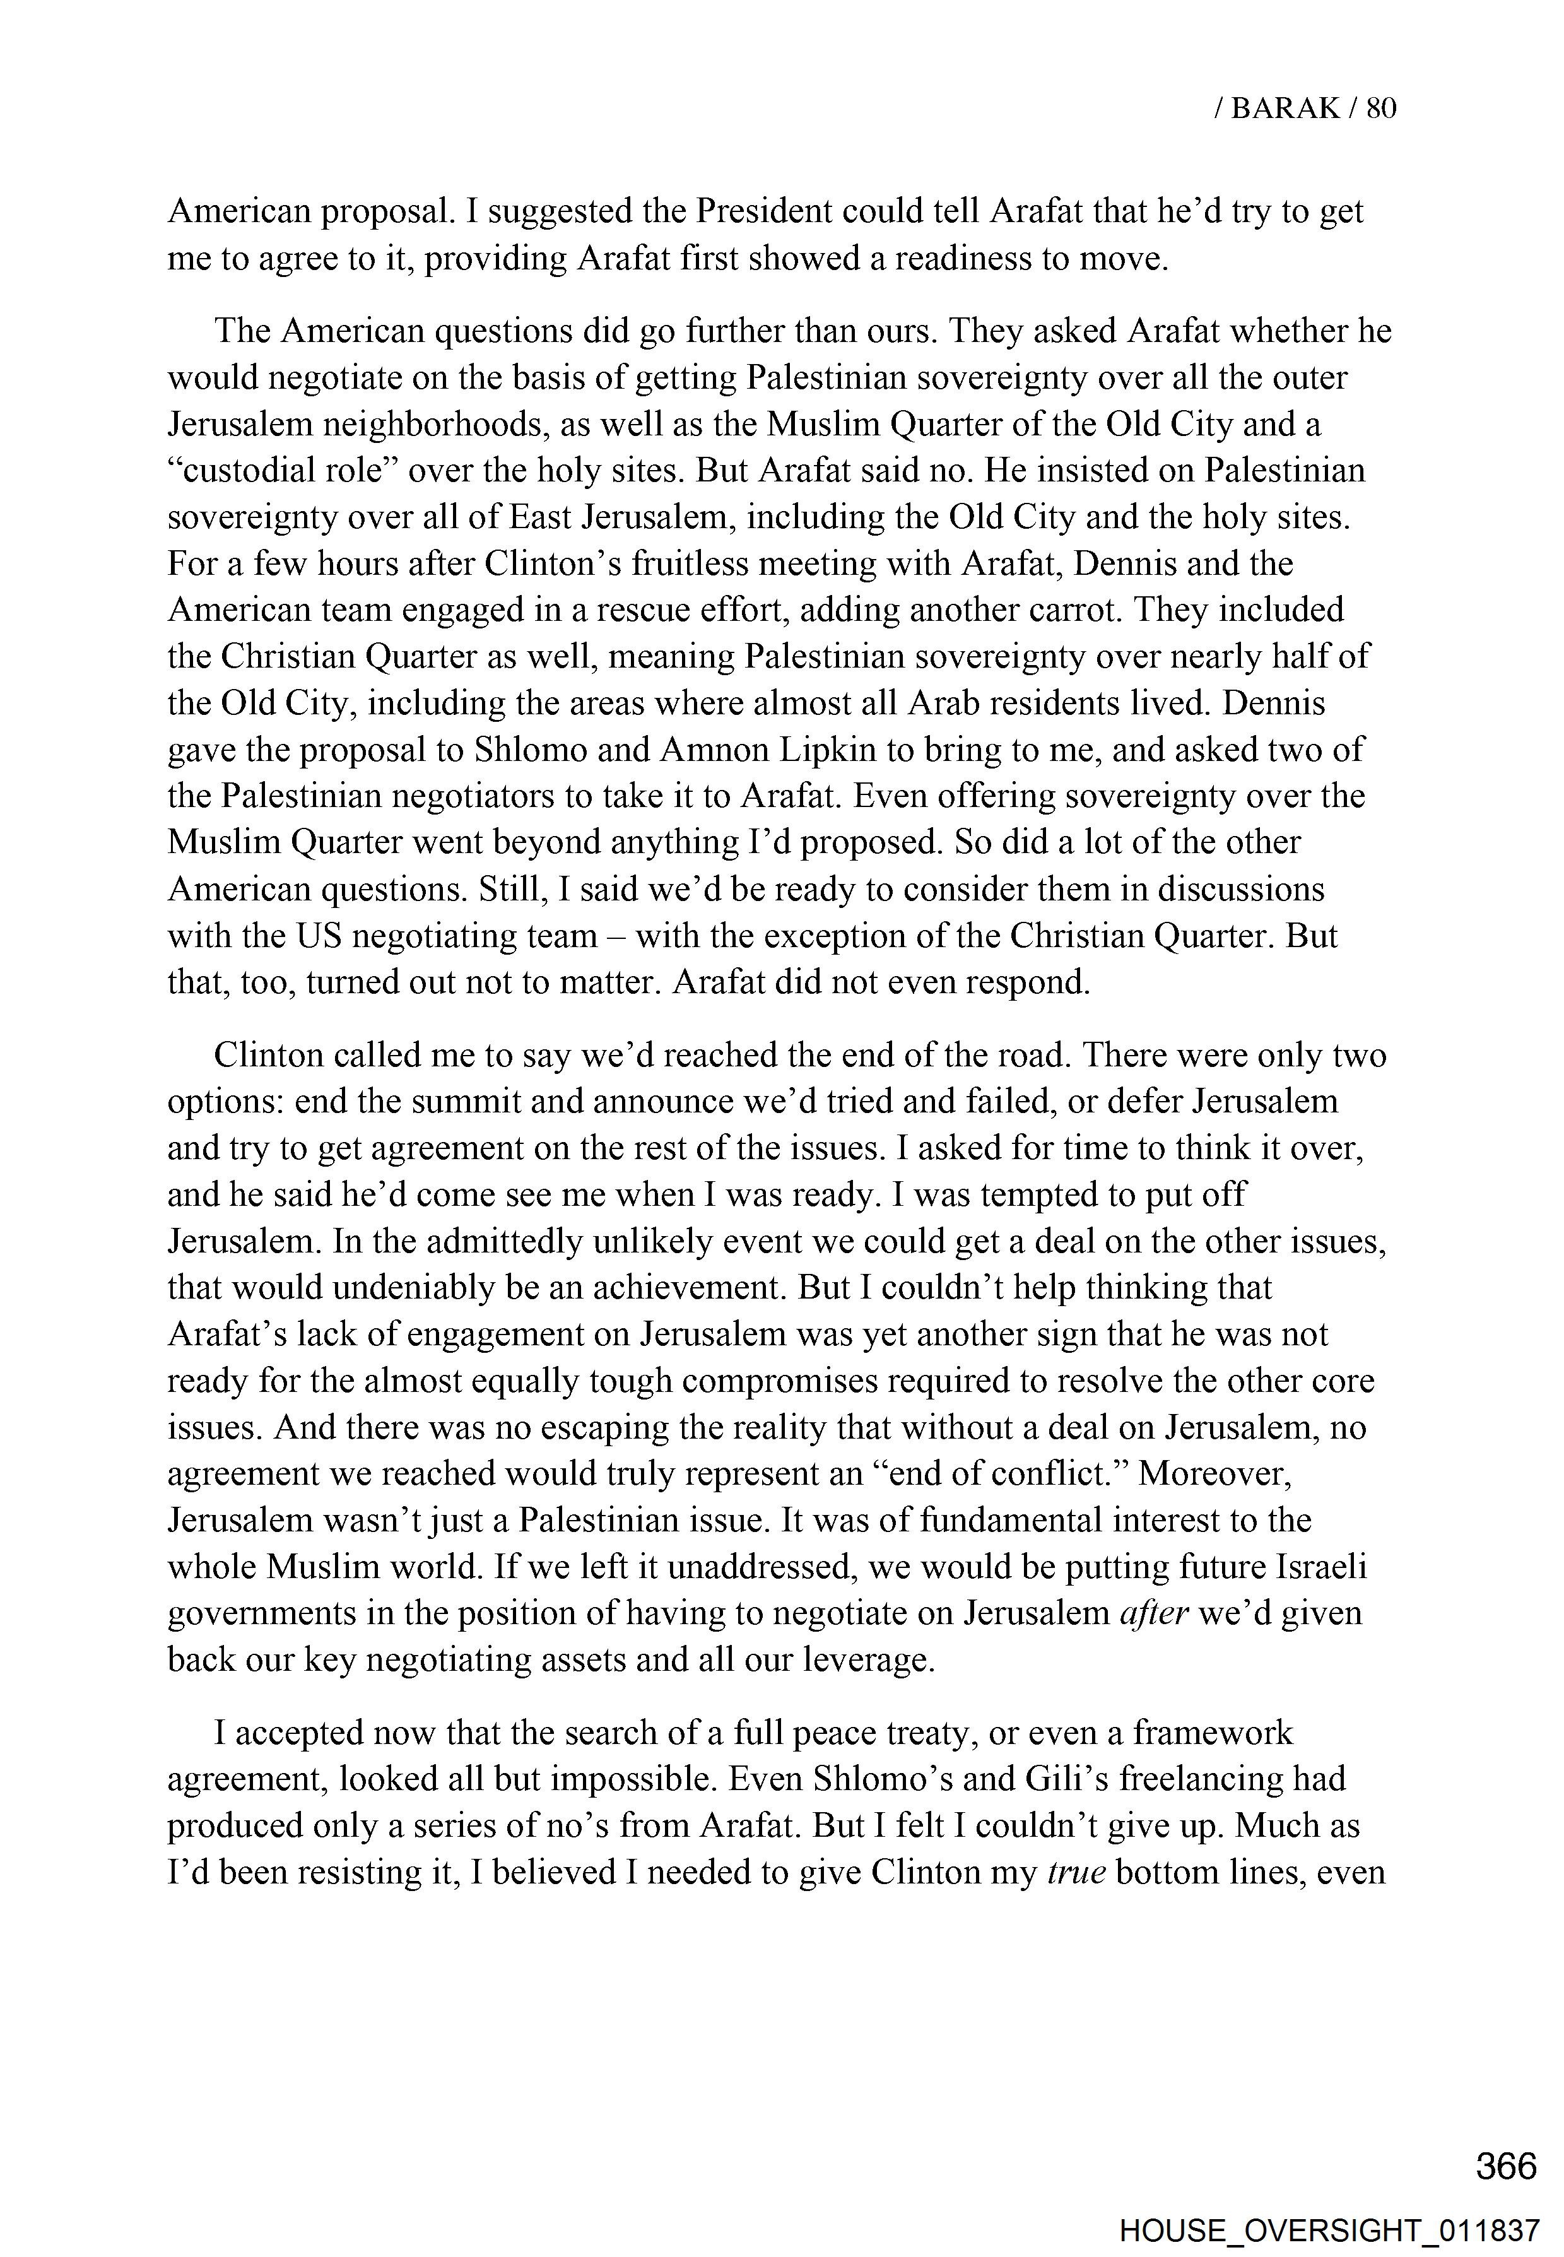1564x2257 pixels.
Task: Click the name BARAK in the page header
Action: coord(1285,108)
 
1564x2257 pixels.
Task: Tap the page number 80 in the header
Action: coord(1380,108)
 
